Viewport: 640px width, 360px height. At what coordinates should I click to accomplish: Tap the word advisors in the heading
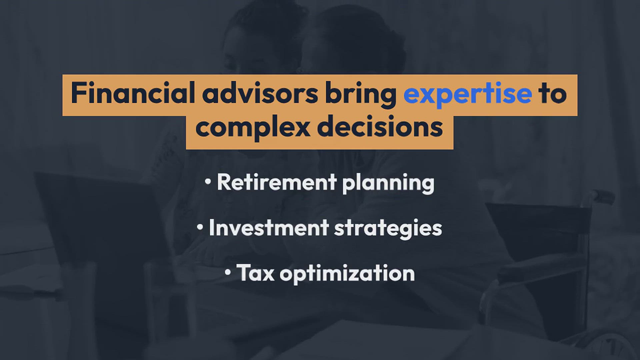[x=260, y=93]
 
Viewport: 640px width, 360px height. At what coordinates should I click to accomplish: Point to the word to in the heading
[x=553, y=94]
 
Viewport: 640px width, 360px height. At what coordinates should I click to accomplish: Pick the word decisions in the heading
[x=380, y=126]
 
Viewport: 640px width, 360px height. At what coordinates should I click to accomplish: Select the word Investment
[x=269, y=228]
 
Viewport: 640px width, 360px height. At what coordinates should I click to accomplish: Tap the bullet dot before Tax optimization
[x=228, y=273]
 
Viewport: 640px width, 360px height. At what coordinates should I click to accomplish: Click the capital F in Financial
[x=78, y=94]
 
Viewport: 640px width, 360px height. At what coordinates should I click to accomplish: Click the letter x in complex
[x=301, y=130]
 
